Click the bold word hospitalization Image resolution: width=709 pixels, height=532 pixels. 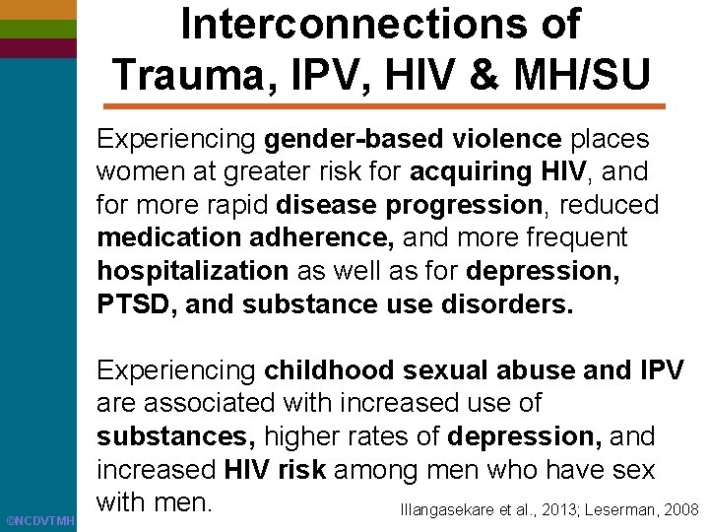point(192,271)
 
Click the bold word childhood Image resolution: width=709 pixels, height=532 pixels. point(328,370)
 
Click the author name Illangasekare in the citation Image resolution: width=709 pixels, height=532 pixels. point(446,509)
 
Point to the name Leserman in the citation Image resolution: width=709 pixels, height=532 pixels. point(623,509)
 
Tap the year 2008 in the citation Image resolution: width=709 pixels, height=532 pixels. point(680,509)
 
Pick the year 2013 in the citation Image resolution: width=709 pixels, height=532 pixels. point(551,509)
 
